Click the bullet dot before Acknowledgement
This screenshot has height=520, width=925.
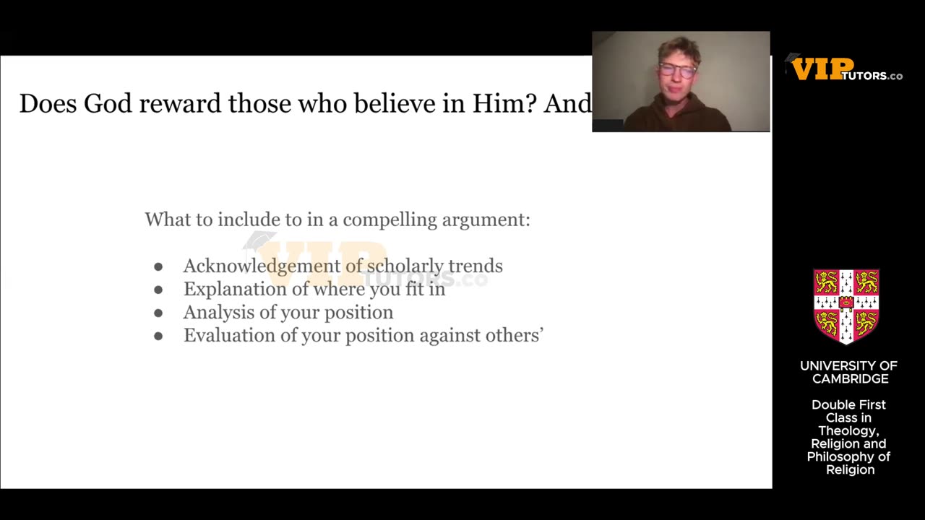click(x=158, y=266)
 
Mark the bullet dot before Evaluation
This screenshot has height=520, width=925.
click(x=158, y=336)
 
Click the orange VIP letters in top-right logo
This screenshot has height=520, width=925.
click(x=822, y=69)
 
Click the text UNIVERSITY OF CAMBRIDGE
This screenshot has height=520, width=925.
click(x=849, y=373)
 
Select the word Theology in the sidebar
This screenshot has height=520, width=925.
click(x=848, y=431)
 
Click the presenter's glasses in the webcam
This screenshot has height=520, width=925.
click(x=677, y=70)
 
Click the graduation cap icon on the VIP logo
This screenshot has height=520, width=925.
click(x=793, y=58)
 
